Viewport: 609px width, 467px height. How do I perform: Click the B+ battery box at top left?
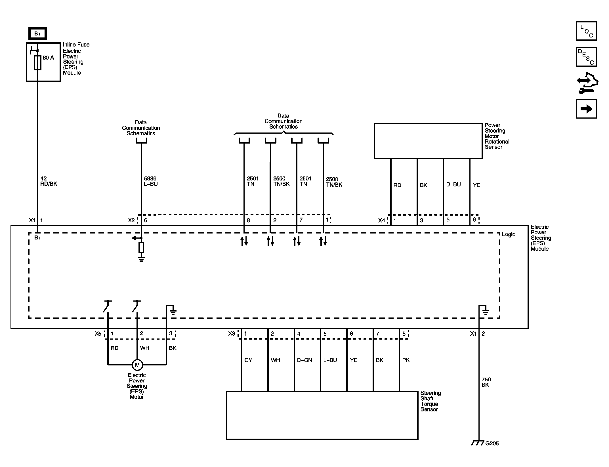pyautogui.click(x=37, y=34)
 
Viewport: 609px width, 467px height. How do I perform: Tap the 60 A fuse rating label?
pyautogui.click(x=48, y=58)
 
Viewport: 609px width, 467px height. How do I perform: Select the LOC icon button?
pyautogui.click(x=586, y=31)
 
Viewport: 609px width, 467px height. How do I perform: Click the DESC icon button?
pyautogui.click(x=586, y=57)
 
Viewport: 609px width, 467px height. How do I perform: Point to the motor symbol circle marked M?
pyautogui.click(x=137, y=365)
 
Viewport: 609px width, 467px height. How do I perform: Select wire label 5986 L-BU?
pyautogui.click(x=150, y=181)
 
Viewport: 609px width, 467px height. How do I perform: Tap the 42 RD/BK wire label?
pyautogui.click(x=49, y=181)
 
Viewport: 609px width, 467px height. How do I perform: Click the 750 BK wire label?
pyautogui.click(x=486, y=382)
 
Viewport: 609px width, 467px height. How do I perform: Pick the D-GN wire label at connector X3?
pyautogui.click(x=304, y=360)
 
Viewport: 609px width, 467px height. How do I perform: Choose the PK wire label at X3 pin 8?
pyautogui.click(x=406, y=360)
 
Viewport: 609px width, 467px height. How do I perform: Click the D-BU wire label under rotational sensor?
pyautogui.click(x=453, y=184)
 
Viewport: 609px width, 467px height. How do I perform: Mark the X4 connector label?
pyautogui.click(x=381, y=220)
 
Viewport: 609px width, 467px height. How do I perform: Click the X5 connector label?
pyautogui.click(x=98, y=334)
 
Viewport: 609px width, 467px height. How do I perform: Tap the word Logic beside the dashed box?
pyautogui.click(x=508, y=234)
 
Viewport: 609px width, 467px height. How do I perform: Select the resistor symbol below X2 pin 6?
pyautogui.click(x=141, y=247)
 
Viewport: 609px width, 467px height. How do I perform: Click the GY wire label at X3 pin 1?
pyautogui.click(x=248, y=360)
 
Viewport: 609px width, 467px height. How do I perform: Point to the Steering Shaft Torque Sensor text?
pyautogui.click(x=430, y=401)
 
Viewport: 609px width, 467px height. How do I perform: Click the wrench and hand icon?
pyautogui.click(x=587, y=83)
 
